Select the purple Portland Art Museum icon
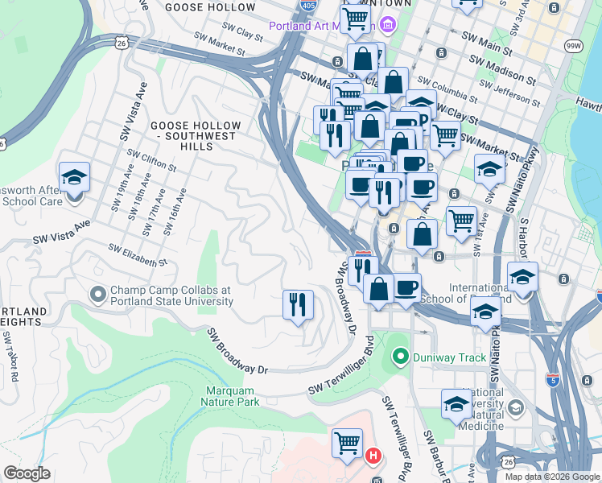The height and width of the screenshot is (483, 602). (x=387, y=25)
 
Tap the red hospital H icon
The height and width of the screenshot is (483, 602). (x=373, y=456)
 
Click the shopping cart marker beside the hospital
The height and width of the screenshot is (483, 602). (x=347, y=442)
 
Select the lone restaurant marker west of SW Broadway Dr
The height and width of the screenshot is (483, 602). (x=298, y=304)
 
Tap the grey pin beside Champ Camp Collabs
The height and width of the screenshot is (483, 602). (x=98, y=295)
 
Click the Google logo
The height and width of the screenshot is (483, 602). (x=27, y=473)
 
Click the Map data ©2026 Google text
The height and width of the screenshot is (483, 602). (x=551, y=477)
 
